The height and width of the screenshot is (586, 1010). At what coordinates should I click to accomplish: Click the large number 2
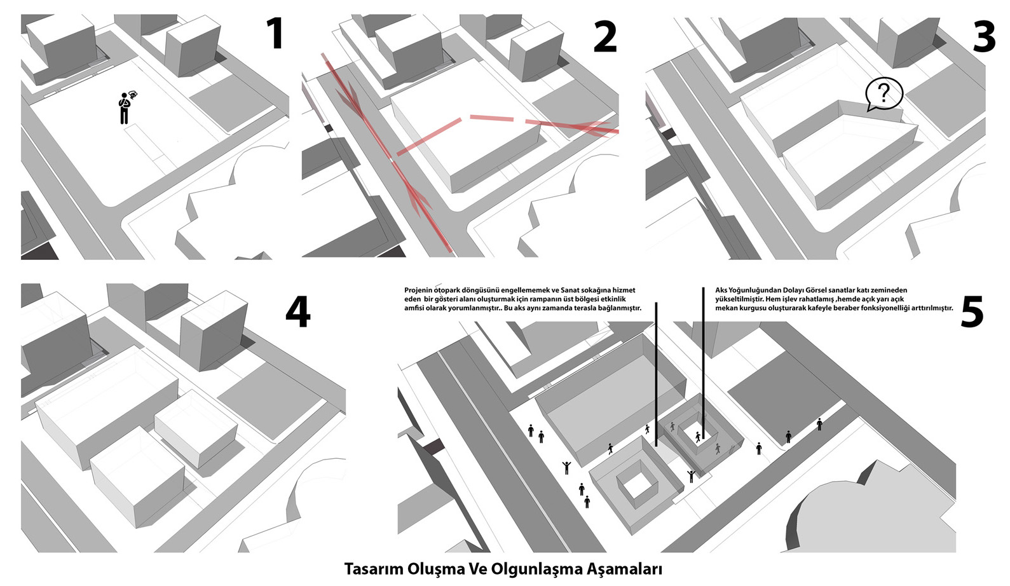point(604,37)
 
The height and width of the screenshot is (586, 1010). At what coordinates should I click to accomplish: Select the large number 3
point(984,37)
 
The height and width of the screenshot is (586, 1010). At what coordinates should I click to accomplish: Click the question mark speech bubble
point(884,94)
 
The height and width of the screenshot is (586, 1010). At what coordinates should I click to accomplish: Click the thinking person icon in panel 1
point(125,107)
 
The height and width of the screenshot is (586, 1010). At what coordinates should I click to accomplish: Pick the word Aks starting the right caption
point(721,290)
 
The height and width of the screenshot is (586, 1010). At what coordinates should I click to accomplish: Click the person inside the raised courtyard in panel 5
point(699,436)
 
